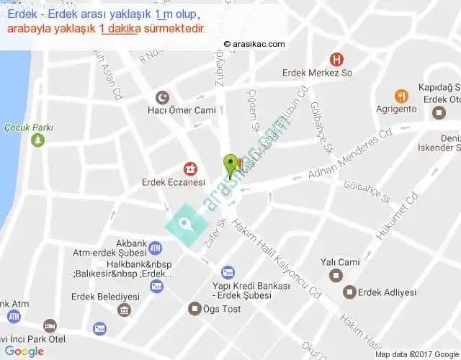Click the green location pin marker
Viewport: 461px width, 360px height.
pos(230,164)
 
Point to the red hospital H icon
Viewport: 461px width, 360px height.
pos(335,60)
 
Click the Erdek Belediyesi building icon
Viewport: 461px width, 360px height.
pos(125,310)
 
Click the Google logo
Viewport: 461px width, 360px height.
pos(24,351)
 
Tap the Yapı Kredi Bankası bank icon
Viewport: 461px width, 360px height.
pos(228,272)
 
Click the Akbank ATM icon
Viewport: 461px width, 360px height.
pos(156,248)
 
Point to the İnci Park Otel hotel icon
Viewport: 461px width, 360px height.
pos(50,325)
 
